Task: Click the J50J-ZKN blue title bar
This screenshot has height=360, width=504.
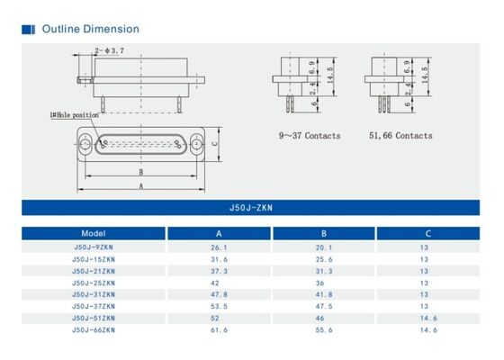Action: pyautogui.click(x=251, y=207)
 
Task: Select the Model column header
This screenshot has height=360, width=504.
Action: pyautogui.click(x=94, y=232)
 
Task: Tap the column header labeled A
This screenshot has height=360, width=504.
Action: pyautogui.click(x=218, y=232)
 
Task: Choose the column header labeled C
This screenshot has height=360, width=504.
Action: pyautogui.click(x=427, y=232)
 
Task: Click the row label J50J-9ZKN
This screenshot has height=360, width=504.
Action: pyautogui.click(x=94, y=247)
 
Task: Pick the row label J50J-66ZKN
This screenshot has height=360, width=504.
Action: pyautogui.click(x=94, y=330)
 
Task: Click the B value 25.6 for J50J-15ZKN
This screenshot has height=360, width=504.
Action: pyautogui.click(x=323, y=258)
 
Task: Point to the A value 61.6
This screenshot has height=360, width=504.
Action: pyautogui.click(x=218, y=330)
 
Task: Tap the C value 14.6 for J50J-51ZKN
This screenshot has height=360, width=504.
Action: pyautogui.click(x=427, y=319)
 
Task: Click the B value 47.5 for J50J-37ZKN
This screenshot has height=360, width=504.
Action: pyautogui.click(x=323, y=306)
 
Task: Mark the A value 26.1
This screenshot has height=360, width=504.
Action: pyautogui.click(x=218, y=247)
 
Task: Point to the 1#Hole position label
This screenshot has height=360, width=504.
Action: pyautogui.click(x=74, y=115)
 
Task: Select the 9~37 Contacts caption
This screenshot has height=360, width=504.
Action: pyautogui.click(x=307, y=136)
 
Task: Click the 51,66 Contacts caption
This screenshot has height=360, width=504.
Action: pyautogui.click(x=400, y=136)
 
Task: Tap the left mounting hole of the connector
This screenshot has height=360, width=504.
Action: pyautogui.click(x=85, y=142)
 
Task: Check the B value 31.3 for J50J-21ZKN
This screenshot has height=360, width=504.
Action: pyautogui.click(x=323, y=271)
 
